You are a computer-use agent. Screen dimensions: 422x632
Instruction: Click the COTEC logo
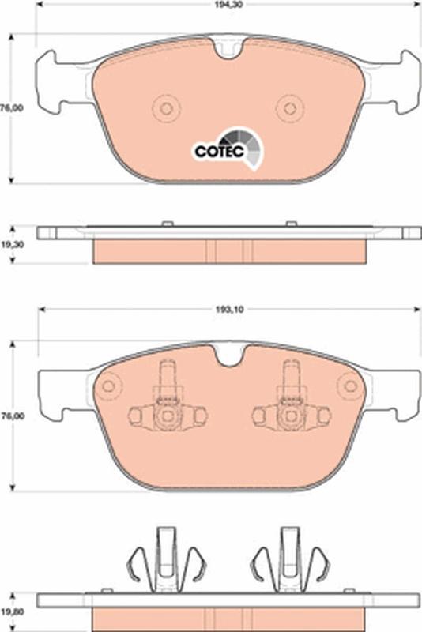pos(228,149)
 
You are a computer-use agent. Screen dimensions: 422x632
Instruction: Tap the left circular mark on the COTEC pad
pos(166,108)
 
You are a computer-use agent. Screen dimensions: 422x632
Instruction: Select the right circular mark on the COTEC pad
pos(290,108)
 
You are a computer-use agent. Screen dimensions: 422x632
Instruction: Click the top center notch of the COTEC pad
pos(229,48)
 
